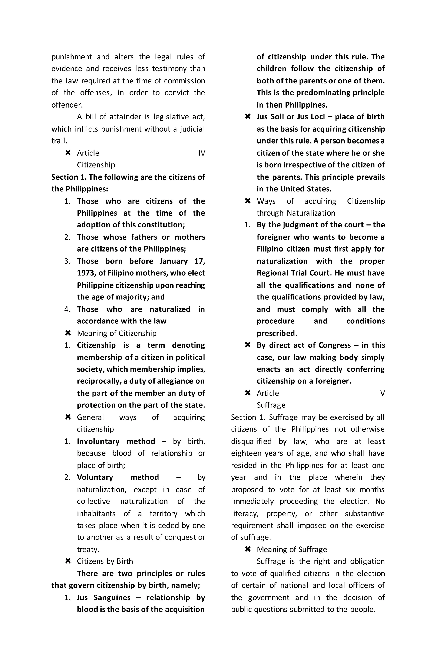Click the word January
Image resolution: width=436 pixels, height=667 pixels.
point(174,261)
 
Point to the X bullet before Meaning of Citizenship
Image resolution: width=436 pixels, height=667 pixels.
point(68,333)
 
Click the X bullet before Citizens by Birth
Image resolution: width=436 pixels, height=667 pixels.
point(68,561)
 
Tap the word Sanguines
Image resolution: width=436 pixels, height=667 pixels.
point(112,598)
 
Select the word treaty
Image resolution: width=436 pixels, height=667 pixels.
point(88,550)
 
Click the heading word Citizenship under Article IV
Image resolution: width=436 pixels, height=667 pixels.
point(96,165)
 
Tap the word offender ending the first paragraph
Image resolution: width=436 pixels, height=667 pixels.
point(67,105)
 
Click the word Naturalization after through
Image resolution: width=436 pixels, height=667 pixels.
point(311,213)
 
